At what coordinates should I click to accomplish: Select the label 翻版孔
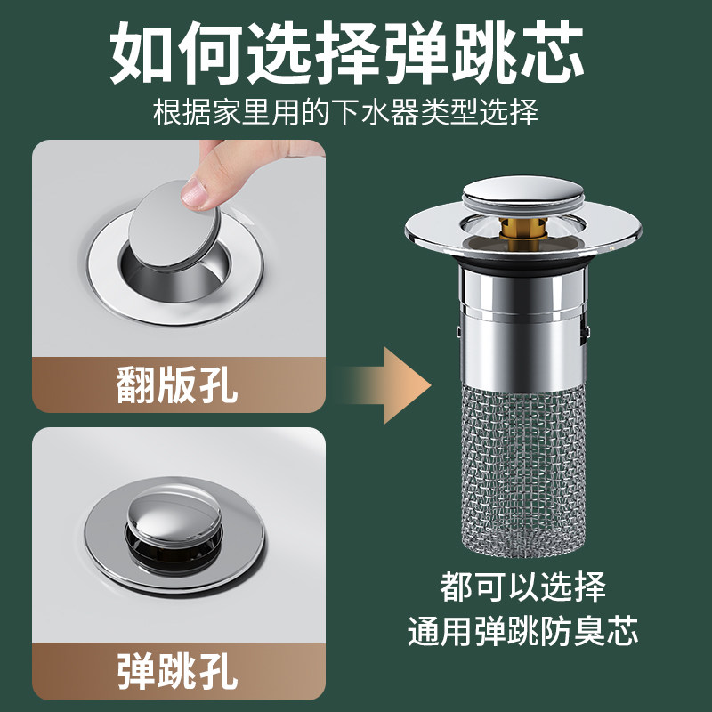pos(177,384)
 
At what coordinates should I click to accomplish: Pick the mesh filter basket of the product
pos(522,454)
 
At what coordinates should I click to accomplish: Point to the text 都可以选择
pos(522,587)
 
